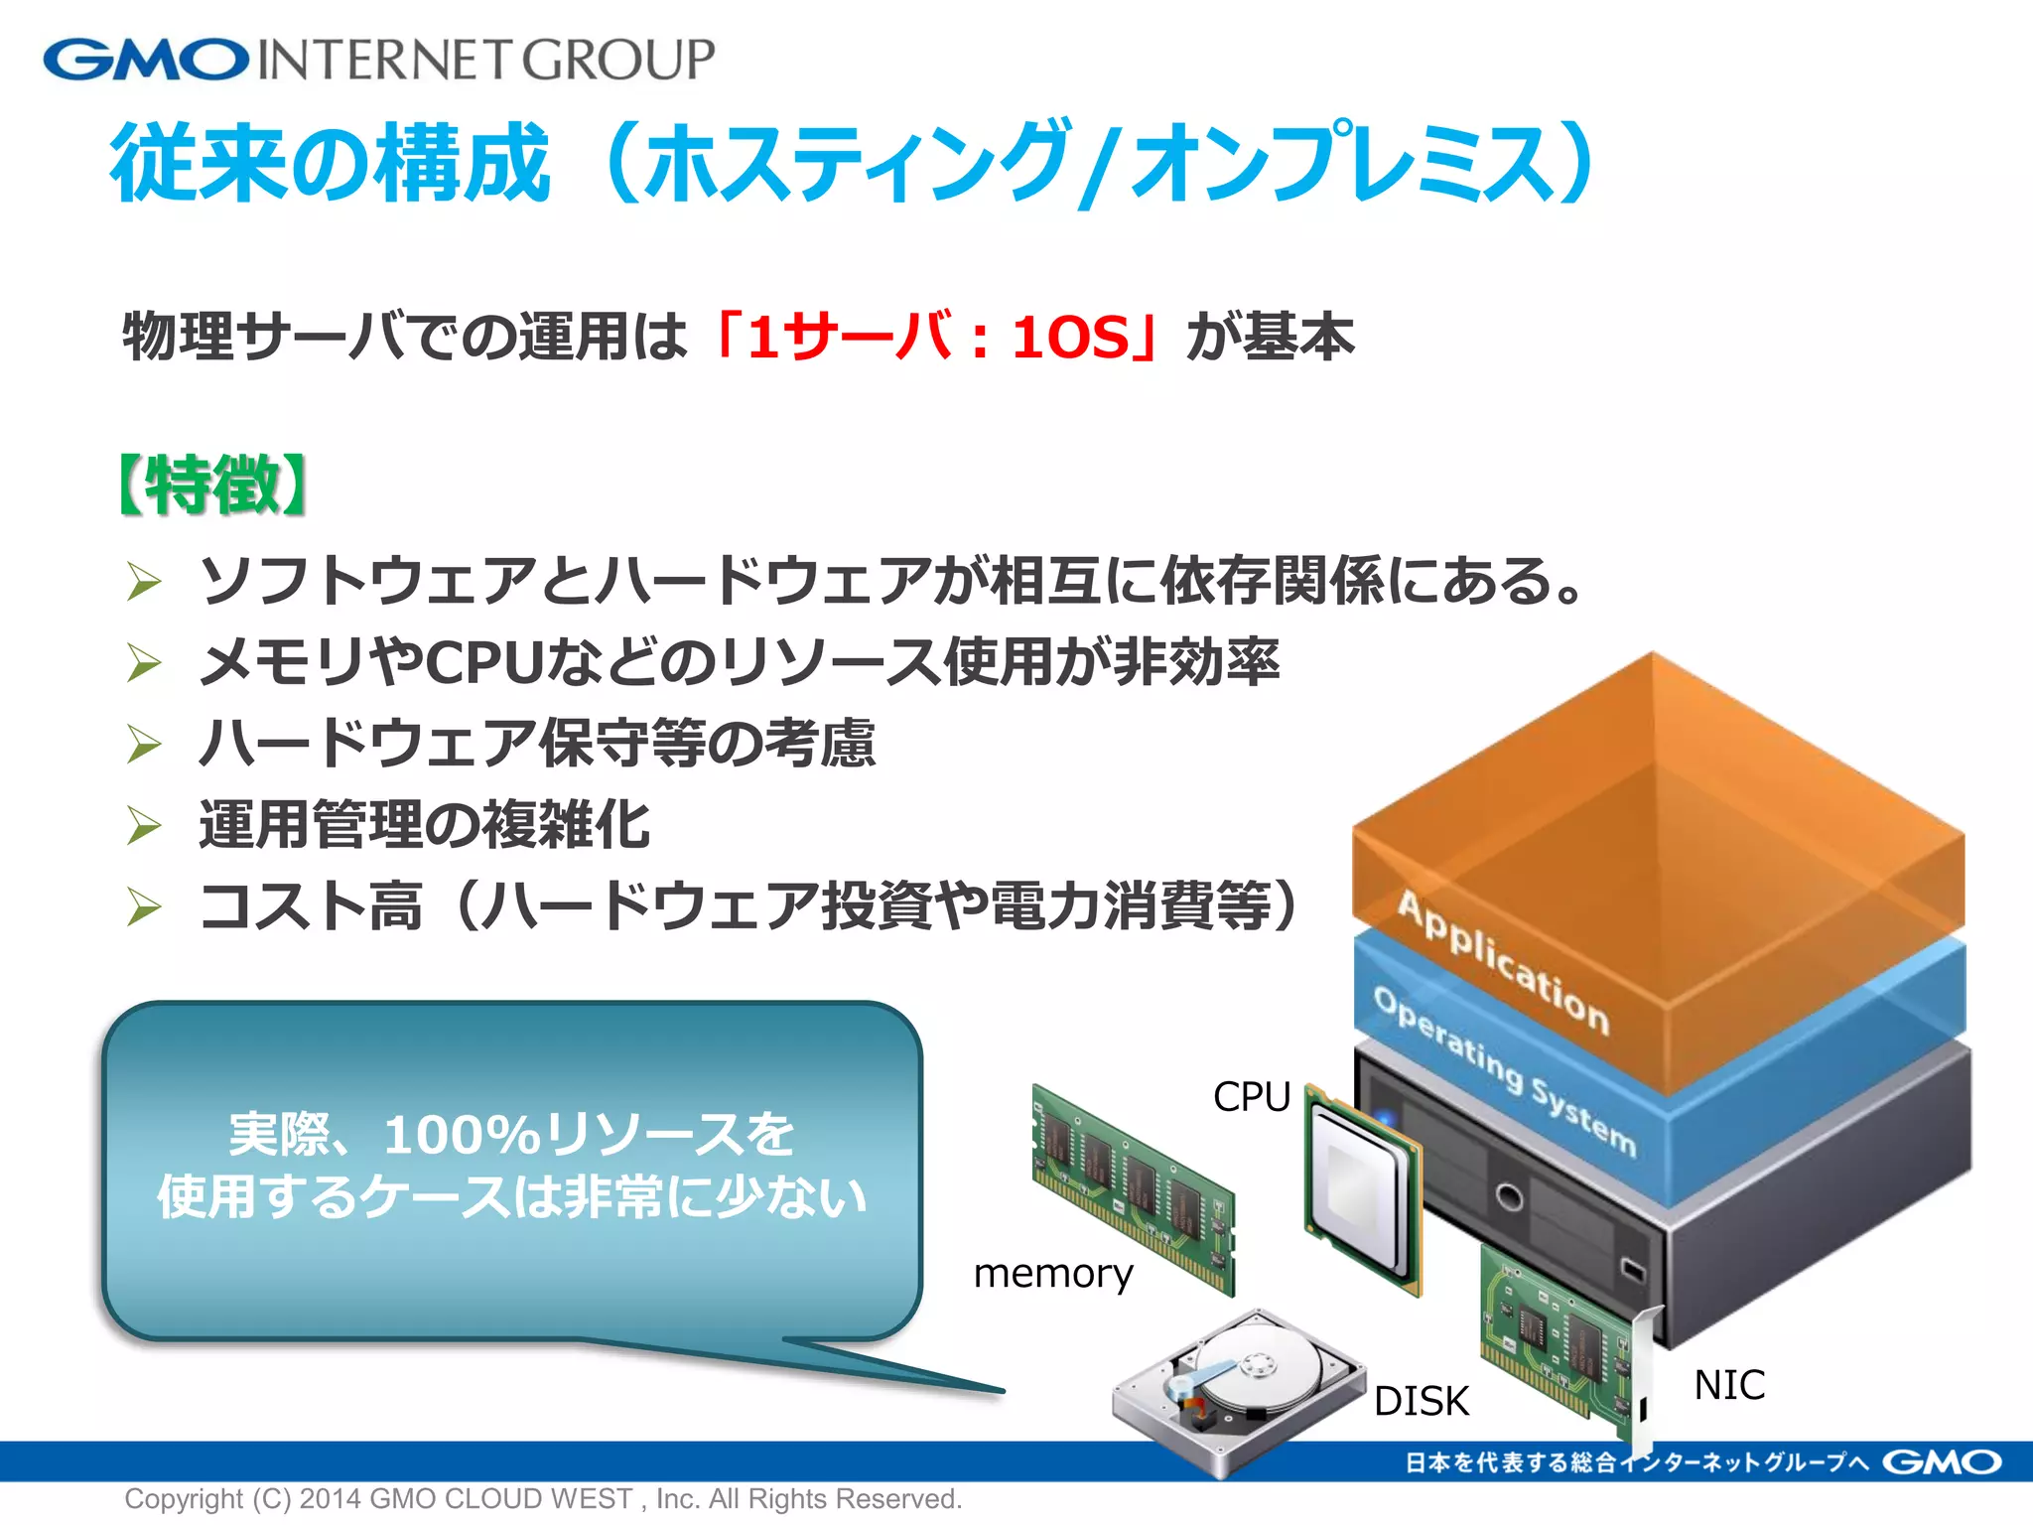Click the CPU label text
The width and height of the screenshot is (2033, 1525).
click(x=1251, y=1097)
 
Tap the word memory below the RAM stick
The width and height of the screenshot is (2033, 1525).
click(x=1053, y=1274)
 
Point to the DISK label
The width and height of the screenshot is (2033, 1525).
click(x=1421, y=1401)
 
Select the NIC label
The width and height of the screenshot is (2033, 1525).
click(x=1729, y=1385)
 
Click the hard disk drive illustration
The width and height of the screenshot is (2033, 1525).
click(x=1236, y=1390)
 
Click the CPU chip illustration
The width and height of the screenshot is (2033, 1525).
click(x=1362, y=1186)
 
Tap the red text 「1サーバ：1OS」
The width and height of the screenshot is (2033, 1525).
click(x=933, y=337)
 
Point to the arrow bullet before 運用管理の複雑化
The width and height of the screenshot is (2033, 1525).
click(x=145, y=825)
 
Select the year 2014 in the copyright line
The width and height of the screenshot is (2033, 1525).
click(x=330, y=1499)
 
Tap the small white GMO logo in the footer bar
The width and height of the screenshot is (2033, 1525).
click(x=1941, y=1462)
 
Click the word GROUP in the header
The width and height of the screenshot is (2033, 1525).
click(x=618, y=60)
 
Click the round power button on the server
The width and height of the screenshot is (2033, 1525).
click(x=1509, y=1196)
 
